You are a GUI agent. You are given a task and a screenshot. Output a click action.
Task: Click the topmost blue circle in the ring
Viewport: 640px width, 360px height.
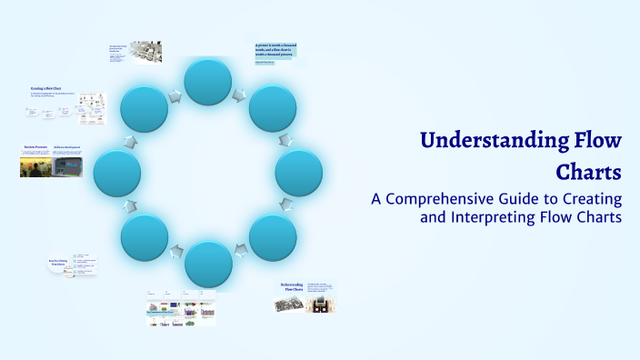coord(209,80)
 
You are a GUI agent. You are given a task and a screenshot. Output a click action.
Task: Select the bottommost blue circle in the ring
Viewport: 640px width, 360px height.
coord(209,265)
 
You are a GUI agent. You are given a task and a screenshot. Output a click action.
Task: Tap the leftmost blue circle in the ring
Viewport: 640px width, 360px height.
coord(116,173)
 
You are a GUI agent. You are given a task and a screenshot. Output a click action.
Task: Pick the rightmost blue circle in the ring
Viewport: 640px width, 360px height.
coord(299,173)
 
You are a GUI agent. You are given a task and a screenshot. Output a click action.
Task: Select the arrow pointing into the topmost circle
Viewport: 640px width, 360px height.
coord(174,94)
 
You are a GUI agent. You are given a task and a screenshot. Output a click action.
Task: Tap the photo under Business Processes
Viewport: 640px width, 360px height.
coord(35,166)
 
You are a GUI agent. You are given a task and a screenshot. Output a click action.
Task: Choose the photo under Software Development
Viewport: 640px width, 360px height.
coord(67,165)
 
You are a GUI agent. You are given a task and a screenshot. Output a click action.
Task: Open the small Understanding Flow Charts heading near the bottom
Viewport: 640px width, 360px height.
coord(290,288)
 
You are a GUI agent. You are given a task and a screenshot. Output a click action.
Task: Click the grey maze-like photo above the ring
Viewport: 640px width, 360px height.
coord(145,51)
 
